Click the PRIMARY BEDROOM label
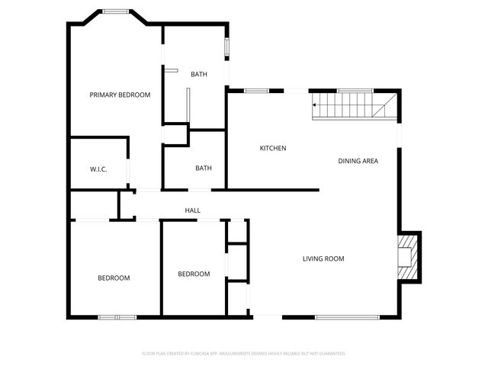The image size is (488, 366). tap(120, 95)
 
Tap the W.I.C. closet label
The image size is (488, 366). tap(98, 169)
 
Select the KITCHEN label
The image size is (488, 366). tap(273, 148)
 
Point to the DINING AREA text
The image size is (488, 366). tap(358, 161)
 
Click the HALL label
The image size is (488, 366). tap(192, 210)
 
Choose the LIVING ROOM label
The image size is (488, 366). tap(323, 259)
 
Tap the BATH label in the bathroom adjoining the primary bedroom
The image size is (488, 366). tap(199, 75)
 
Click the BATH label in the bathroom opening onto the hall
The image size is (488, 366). tap(203, 169)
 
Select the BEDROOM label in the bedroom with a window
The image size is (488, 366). tap(114, 278)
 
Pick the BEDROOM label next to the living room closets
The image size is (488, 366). tap(194, 274)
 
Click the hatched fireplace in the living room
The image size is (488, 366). tap(409, 257)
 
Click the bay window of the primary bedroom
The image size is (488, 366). tap(116, 11)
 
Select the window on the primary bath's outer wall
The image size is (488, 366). tap(226, 47)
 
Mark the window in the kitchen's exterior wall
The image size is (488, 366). tap(256, 91)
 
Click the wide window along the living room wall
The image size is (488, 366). tap(347, 316)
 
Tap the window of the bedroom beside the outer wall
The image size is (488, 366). tap(117, 316)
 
